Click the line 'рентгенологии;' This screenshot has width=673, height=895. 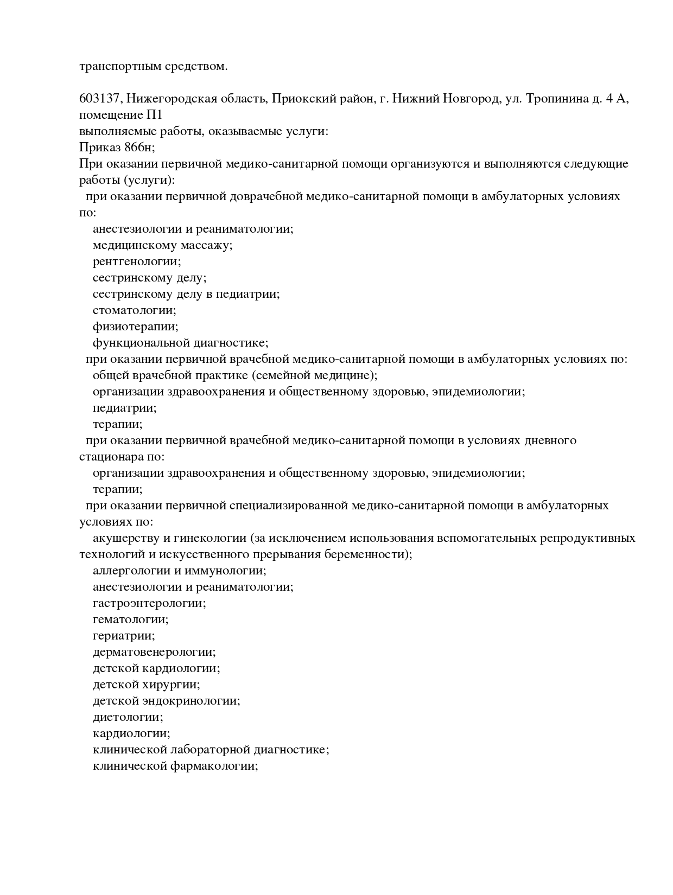pos(137,261)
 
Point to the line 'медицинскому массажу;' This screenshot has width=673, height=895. pos(162,245)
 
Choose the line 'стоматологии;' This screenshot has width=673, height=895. pos(134,310)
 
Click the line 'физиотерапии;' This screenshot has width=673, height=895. pos(135,327)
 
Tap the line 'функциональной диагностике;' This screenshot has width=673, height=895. pos(180,343)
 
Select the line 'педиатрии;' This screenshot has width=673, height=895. pos(124,408)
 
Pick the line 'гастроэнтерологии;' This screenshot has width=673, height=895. pos(149,603)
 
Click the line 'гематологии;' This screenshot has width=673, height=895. pos(130,619)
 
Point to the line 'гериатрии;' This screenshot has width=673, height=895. pos(124,636)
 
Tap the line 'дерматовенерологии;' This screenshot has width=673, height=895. pos(154,652)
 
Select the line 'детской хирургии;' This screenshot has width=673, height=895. pos(146,685)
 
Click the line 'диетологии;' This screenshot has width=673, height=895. pos(128,717)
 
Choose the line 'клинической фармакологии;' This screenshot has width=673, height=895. pos(175,766)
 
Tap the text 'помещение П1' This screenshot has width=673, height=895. pos(120,115)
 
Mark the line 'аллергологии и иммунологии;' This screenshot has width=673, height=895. pos(179,571)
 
